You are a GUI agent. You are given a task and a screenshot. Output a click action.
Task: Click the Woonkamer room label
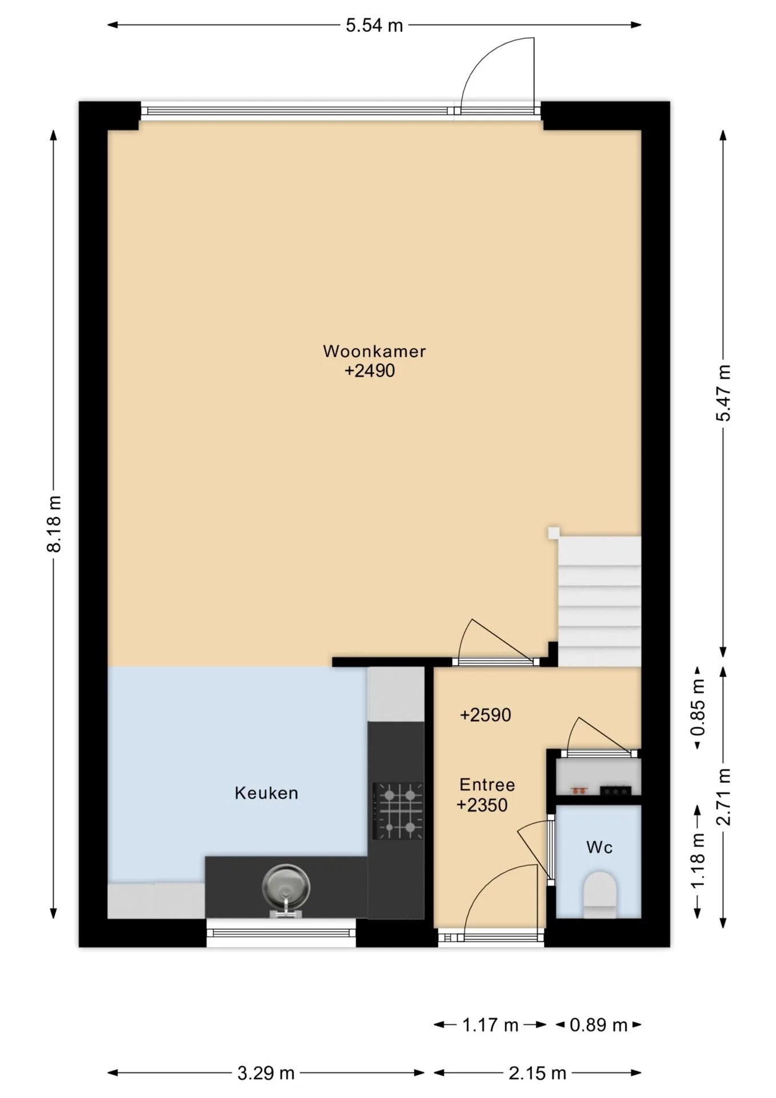pyautogui.click(x=374, y=351)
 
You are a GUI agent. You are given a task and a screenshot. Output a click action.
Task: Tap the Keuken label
pyautogui.click(x=266, y=793)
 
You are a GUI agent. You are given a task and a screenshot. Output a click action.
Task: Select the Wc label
pyautogui.click(x=599, y=848)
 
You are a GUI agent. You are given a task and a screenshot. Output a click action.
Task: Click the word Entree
pyautogui.click(x=487, y=785)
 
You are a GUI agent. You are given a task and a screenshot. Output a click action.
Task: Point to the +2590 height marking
pyautogui.click(x=486, y=715)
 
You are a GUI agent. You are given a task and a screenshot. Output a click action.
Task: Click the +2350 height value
pyautogui.click(x=482, y=805)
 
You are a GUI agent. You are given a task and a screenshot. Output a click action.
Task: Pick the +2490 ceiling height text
pyautogui.click(x=370, y=371)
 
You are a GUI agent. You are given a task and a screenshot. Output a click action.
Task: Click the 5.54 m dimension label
pyautogui.click(x=374, y=26)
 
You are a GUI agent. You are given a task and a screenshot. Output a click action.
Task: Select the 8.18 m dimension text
pyautogui.click(x=54, y=523)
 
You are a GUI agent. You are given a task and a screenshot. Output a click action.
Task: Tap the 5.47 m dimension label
pyautogui.click(x=723, y=393)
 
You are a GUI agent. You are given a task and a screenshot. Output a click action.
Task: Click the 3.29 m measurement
pyautogui.click(x=266, y=1073)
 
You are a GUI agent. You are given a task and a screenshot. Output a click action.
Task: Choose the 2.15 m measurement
pyautogui.click(x=537, y=1073)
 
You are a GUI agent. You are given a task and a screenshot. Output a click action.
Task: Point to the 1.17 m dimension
pyautogui.click(x=490, y=1025)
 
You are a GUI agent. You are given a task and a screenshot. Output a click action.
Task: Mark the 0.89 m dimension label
pyautogui.click(x=598, y=1025)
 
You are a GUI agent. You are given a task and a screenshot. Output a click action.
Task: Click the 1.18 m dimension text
pyautogui.click(x=698, y=861)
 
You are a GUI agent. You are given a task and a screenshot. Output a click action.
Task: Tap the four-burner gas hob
pyautogui.click(x=398, y=811)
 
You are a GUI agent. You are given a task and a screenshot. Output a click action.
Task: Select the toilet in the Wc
pyautogui.click(x=600, y=895)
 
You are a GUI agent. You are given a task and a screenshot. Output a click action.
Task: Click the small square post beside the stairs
pyautogui.click(x=554, y=533)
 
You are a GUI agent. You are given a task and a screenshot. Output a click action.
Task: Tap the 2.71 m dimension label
pyautogui.click(x=723, y=797)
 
